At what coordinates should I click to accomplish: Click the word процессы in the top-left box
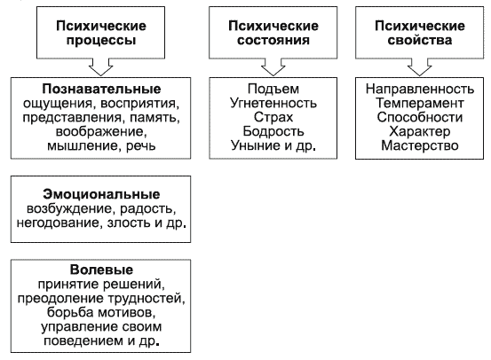pyautogui.click(x=101, y=41)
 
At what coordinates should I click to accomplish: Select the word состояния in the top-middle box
pyautogui.click(x=273, y=41)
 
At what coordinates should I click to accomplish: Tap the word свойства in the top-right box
pyautogui.click(x=419, y=40)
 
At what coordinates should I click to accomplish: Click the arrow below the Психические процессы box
pyautogui.click(x=101, y=67)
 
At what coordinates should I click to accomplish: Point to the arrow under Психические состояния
pyautogui.click(x=273, y=67)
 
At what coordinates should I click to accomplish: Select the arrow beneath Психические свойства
pyautogui.click(x=419, y=67)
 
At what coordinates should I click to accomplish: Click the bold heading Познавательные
pyautogui.click(x=101, y=90)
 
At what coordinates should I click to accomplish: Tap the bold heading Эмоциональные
pyautogui.click(x=101, y=194)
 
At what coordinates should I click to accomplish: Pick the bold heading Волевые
pyautogui.click(x=101, y=270)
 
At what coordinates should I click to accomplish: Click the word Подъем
pyautogui.click(x=273, y=90)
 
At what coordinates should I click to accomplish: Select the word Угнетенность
pyautogui.click(x=273, y=103)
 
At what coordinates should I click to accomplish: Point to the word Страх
pyautogui.click(x=273, y=117)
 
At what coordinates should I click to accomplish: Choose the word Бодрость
pyautogui.click(x=273, y=131)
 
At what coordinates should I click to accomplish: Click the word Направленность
pyautogui.click(x=420, y=90)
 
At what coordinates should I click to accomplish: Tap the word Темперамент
pyautogui.click(x=420, y=103)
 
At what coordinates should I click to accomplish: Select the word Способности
pyautogui.click(x=420, y=117)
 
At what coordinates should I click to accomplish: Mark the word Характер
pyautogui.click(x=420, y=132)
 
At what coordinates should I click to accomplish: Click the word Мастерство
pyautogui.click(x=420, y=145)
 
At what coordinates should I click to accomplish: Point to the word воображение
pyautogui.click(x=100, y=132)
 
